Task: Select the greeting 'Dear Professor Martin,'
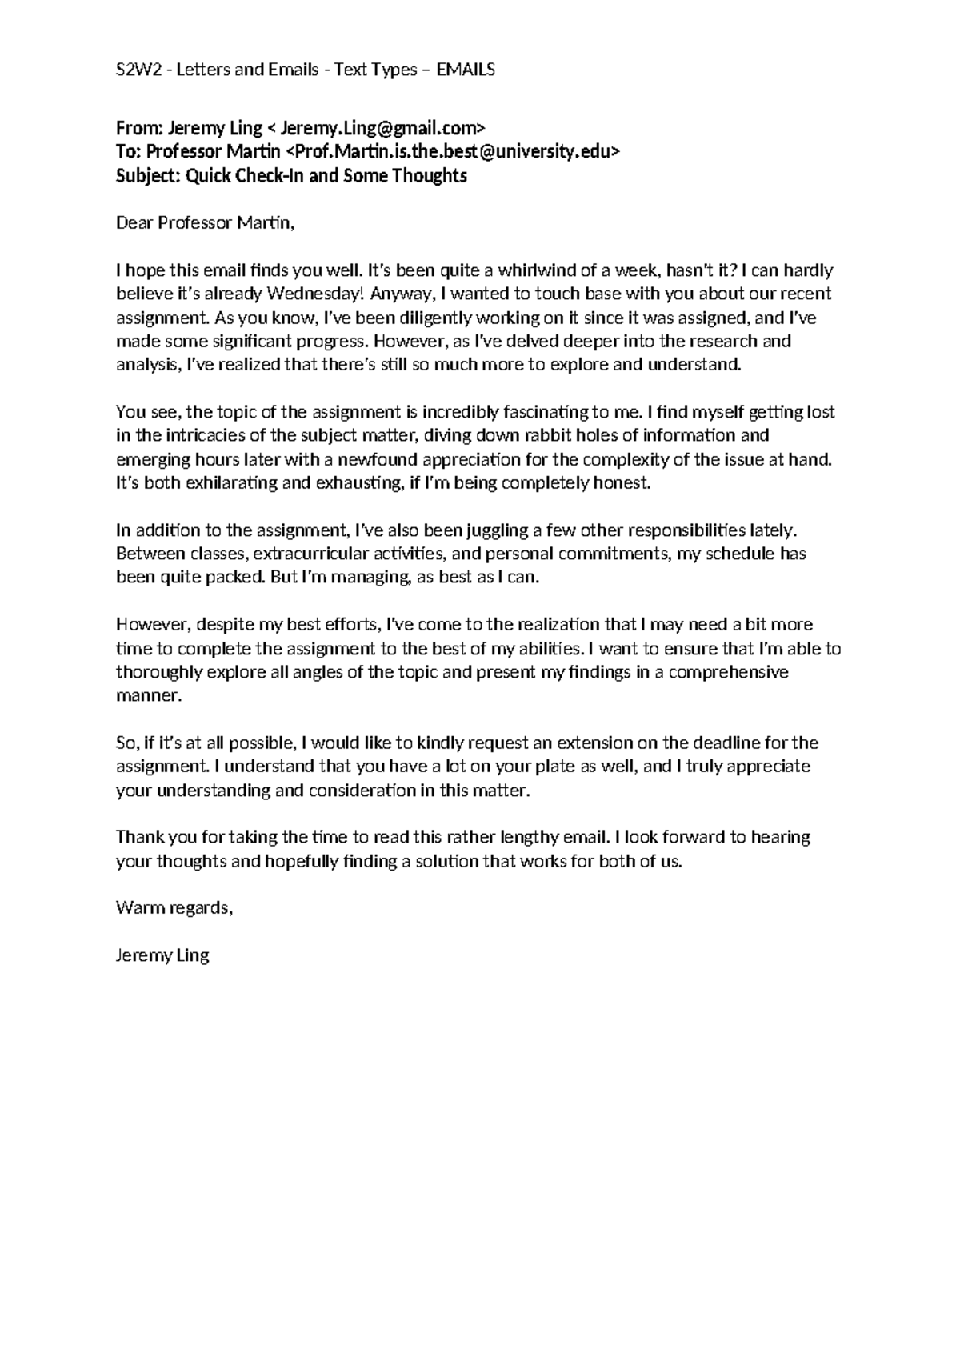[206, 223]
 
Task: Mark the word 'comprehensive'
[728, 672]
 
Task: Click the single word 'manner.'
[149, 695]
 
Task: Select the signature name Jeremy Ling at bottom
[162, 955]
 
